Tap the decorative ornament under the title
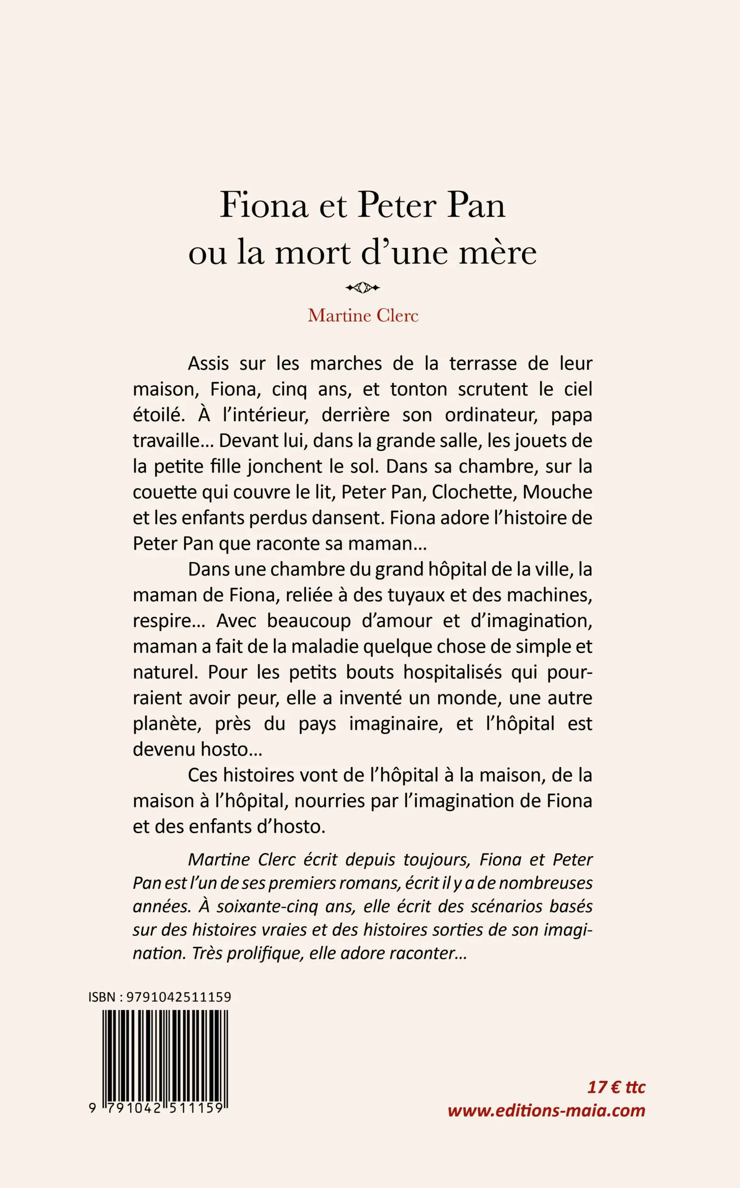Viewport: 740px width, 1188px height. tap(363, 288)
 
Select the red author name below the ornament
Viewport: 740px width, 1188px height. tap(363, 316)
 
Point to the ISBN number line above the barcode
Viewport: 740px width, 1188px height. tap(159, 998)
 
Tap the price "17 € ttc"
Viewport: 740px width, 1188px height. tap(616, 1100)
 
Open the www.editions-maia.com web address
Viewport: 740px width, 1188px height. tap(546, 1124)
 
